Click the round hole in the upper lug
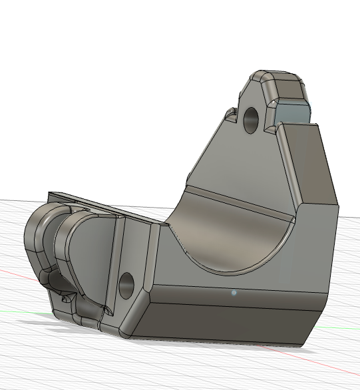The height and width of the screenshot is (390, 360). pos(252,119)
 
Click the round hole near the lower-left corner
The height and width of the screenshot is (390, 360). pos(126,286)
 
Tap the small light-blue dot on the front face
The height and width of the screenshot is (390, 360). pos(234,292)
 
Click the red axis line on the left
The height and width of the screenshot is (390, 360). pos(10,272)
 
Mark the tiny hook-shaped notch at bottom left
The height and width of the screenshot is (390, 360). pos(65,300)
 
